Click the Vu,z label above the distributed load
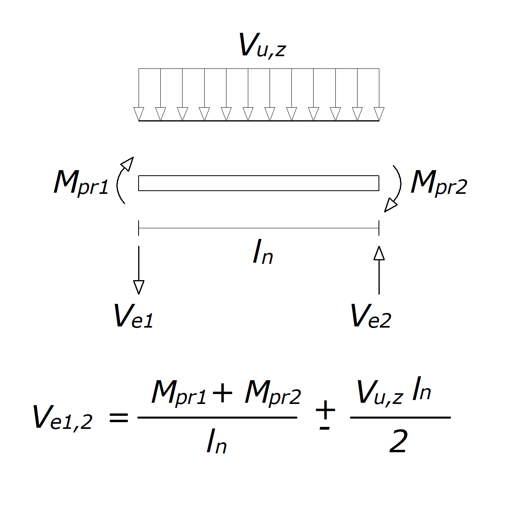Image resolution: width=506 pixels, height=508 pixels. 262,45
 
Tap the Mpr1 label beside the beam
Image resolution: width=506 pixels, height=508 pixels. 81,183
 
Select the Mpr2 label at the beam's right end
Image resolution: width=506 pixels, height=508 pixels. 439,183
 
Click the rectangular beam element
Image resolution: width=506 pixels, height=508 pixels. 259,183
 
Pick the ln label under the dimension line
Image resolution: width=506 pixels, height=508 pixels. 263,253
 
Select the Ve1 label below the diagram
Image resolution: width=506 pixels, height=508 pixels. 133,317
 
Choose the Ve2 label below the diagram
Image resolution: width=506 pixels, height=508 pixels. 371,317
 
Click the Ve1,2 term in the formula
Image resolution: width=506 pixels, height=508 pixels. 63,417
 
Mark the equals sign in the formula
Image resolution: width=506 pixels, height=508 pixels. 119,417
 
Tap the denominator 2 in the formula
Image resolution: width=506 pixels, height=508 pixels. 398,442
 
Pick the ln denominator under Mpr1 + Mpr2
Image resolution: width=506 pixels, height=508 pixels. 217,442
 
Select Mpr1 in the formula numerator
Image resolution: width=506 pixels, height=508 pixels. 179,393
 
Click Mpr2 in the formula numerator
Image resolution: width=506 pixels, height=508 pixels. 273,393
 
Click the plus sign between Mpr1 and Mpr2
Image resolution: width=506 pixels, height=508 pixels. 223,393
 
